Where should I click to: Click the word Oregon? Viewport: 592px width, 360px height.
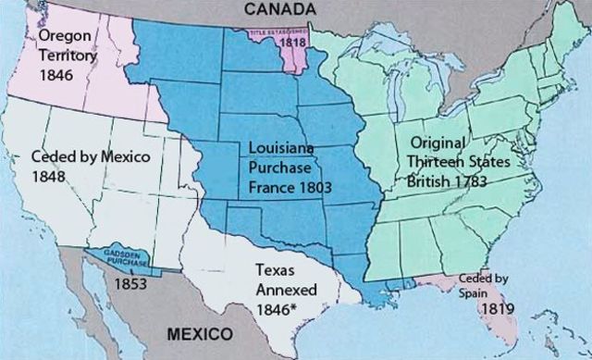pos(64,34)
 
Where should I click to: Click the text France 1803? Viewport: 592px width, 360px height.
pos(290,186)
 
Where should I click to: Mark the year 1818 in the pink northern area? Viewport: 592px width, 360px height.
pos(295,42)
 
